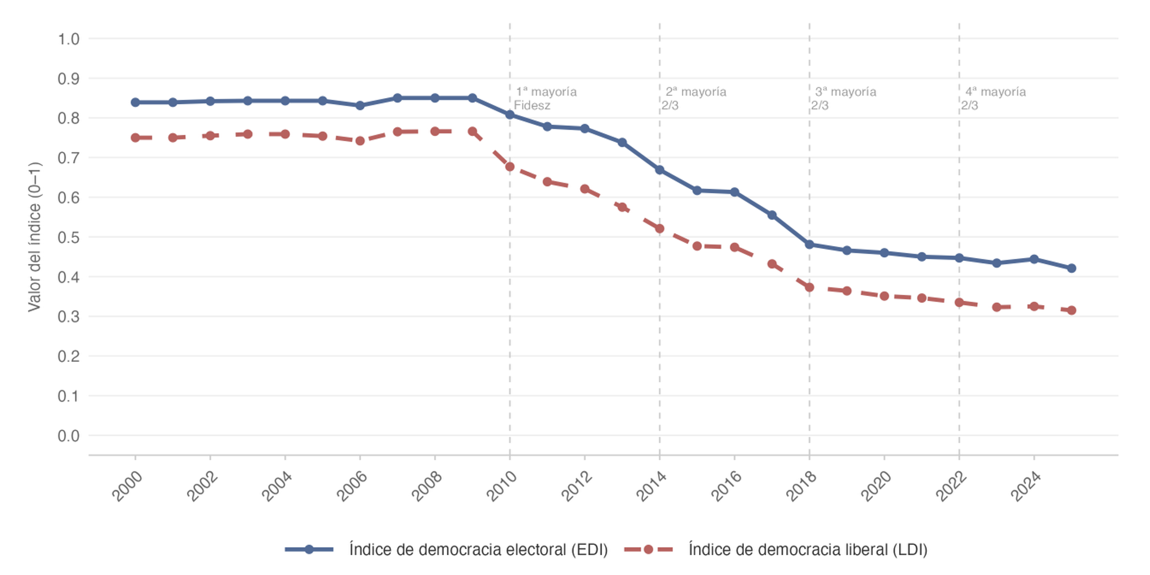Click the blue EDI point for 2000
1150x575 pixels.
coord(135,103)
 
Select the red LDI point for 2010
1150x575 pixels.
coord(510,167)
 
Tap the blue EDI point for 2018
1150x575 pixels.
coord(810,244)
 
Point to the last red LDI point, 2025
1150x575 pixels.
coord(1071,310)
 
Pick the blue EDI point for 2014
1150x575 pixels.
coord(659,170)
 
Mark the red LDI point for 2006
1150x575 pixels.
coord(360,141)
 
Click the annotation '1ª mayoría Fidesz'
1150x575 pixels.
coord(545,99)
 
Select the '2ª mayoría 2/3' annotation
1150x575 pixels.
coord(694,99)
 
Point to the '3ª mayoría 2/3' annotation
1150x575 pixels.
coord(844,99)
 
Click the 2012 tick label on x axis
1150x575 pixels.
coord(577,487)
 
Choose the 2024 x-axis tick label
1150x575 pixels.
coord(1026,487)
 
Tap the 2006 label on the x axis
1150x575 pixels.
coord(352,487)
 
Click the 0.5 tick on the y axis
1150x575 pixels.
coord(69,238)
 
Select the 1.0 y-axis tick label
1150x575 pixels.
coord(69,39)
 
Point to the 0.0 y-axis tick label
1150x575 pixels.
coord(69,436)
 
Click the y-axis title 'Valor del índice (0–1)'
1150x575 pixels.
coord(35,237)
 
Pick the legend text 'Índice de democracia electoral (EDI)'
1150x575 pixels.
coord(478,549)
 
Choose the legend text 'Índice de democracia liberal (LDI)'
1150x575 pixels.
coord(808,549)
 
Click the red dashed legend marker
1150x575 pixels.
coord(649,549)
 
